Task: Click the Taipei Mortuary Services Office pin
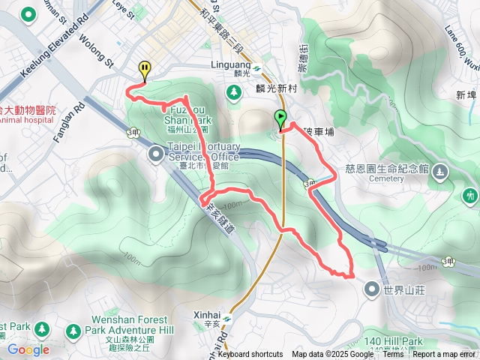(156, 154)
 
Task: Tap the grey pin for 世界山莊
(373, 289)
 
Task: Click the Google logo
(28, 349)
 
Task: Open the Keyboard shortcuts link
(250, 355)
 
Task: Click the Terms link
(393, 355)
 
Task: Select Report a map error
(445, 355)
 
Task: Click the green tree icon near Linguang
(233, 91)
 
